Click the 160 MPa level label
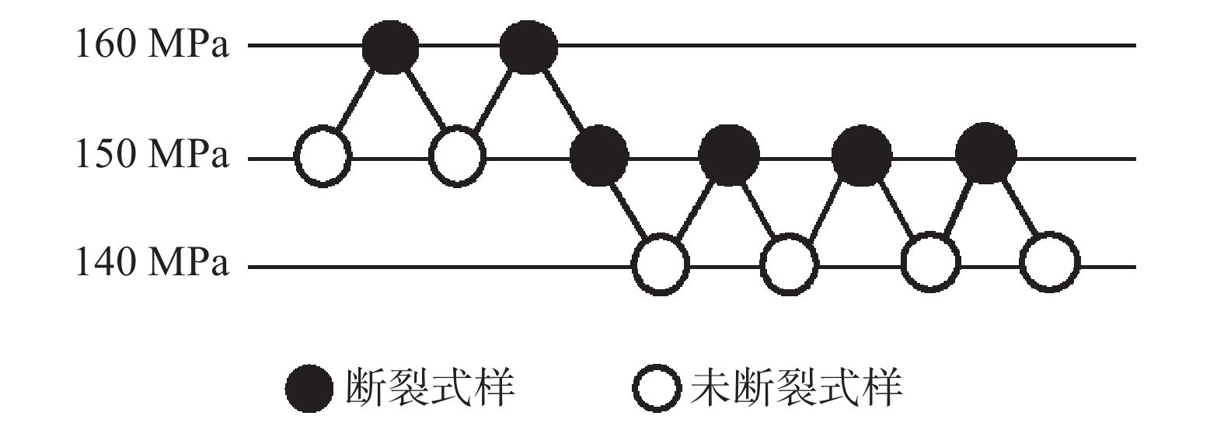point(152,45)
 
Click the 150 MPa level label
point(152,156)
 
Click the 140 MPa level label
point(152,264)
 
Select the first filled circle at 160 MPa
point(390,47)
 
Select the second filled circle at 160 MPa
point(528,47)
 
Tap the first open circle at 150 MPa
point(323,157)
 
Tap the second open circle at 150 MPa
point(458,157)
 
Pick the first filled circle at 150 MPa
point(599,157)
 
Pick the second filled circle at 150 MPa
point(729,156)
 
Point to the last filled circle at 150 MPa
point(985,154)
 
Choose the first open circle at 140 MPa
point(661,264)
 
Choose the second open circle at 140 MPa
point(789,264)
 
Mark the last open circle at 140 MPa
point(1050,263)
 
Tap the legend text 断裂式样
point(430,387)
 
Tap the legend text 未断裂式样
point(796,387)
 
